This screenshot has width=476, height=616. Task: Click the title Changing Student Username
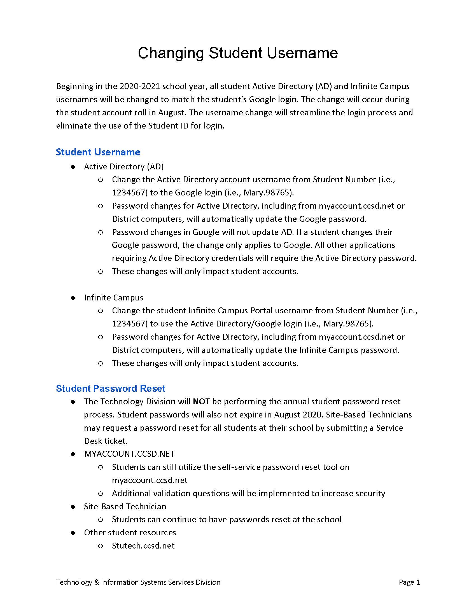click(x=238, y=53)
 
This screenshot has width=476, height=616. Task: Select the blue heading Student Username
click(x=98, y=152)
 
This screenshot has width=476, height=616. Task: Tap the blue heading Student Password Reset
click(x=110, y=388)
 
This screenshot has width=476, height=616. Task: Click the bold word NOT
click(x=201, y=402)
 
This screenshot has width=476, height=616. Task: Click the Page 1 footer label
click(x=409, y=582)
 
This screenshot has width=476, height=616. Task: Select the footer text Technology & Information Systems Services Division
click(x=138, y=582)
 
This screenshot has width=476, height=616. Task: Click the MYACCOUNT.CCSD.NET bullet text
click(x=129, y=454)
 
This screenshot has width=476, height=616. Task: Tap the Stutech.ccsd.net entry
click(x=143, y=546)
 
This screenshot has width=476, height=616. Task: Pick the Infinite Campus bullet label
click(x=114, y=298)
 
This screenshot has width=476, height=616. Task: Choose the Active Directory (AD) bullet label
click(x=124, y=167)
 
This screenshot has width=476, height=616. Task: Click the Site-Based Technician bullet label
click(x=125, y=507)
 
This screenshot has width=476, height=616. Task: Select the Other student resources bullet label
click(x=130, y=533)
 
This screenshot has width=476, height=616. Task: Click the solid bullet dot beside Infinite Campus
click(x=73, y=298)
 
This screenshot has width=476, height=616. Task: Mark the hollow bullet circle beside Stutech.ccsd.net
click(x=101, y=546)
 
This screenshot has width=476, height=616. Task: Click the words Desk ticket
click(x=106, y=441)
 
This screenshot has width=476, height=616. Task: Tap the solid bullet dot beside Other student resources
click(x=73, y=533)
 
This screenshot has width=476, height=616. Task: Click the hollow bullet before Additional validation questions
click(x=101, y=494)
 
